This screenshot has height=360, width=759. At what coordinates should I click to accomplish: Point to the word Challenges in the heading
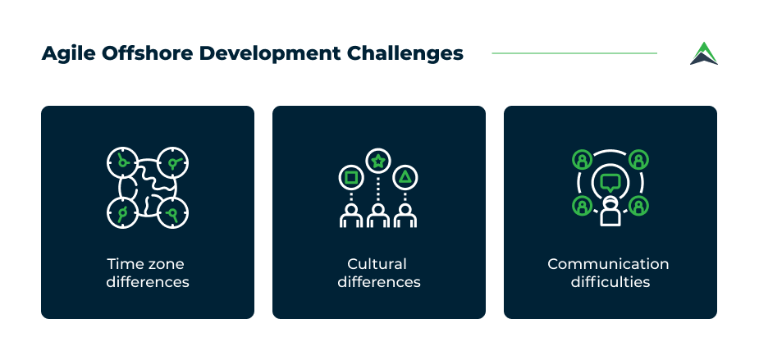coord(405,53)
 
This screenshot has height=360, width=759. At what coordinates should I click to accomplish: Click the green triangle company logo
coord(704,53)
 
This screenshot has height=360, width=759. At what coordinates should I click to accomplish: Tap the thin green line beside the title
coord(574,53)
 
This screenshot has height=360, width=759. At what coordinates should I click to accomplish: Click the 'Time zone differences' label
coord(148,273)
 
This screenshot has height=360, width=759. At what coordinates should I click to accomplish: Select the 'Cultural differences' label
coord(379,273)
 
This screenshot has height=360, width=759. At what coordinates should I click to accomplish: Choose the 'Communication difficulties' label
coord(610,273)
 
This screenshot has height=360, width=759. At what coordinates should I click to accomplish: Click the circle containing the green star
coord(378,161)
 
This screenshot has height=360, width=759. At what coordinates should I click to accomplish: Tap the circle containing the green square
coord(351,178)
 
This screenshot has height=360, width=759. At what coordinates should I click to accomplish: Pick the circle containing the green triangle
coord(405,178)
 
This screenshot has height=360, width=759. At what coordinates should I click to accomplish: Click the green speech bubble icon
coord(610,182)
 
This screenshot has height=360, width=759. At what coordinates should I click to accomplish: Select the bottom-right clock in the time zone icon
coord(172,212)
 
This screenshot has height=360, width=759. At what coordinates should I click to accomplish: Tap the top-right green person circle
coord(638,159)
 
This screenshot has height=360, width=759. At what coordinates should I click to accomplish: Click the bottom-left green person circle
coord(582,206)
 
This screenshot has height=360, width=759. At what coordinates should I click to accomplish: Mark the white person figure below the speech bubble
coord(610,212)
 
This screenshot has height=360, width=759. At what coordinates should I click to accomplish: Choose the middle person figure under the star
coord(378,216)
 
